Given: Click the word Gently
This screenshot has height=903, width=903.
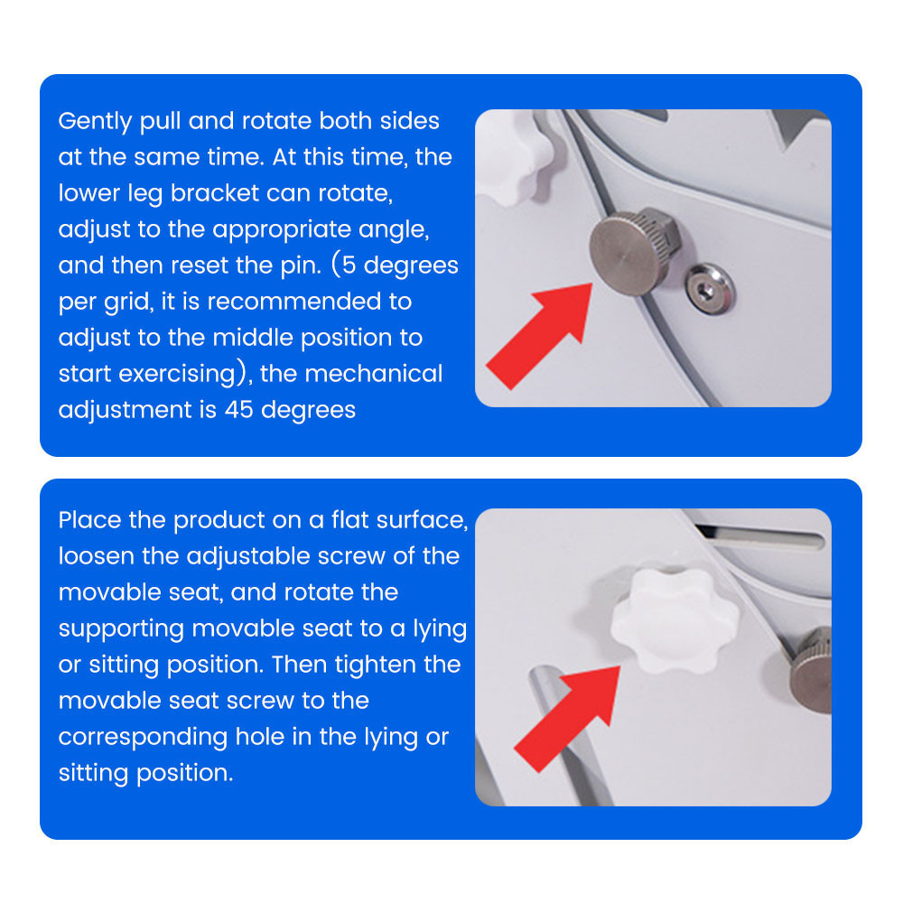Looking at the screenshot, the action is click(x=95, y=122).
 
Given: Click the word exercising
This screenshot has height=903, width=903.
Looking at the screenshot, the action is click(x=177, y=375).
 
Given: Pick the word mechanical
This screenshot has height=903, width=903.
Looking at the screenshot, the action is click(x=374, y=374).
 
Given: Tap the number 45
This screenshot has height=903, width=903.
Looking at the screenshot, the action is click(x=239, y=410).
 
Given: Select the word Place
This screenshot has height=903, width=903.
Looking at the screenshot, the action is click(x=89, y=520).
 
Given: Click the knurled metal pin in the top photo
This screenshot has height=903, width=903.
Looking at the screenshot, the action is click(x=635, y=252).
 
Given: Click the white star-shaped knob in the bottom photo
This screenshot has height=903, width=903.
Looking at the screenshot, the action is click(x=675, y=621).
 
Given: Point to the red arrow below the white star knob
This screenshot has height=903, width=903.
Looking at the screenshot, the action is click(x=567, y=720).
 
